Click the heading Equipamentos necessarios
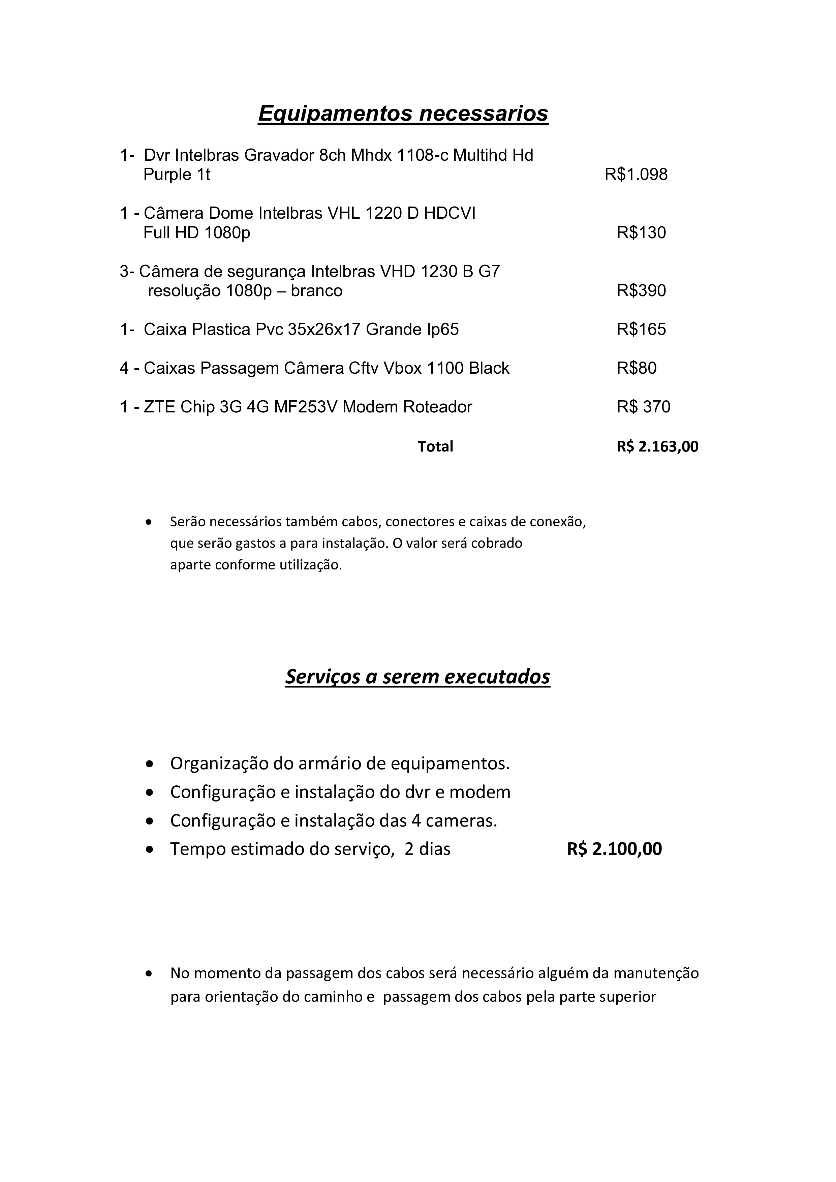[x=403, y=113]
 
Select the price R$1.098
[x=636, y=175]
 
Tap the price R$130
[x=641, y=233]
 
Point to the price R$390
[x=641, y=291]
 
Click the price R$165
[x=641, y=330]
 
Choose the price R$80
[x=636, y=368]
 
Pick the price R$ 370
[x=644, y=407]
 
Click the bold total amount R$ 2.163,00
[x=657, y=446]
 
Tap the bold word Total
[x=435, y=446]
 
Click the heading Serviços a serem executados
[x=417, y=677]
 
